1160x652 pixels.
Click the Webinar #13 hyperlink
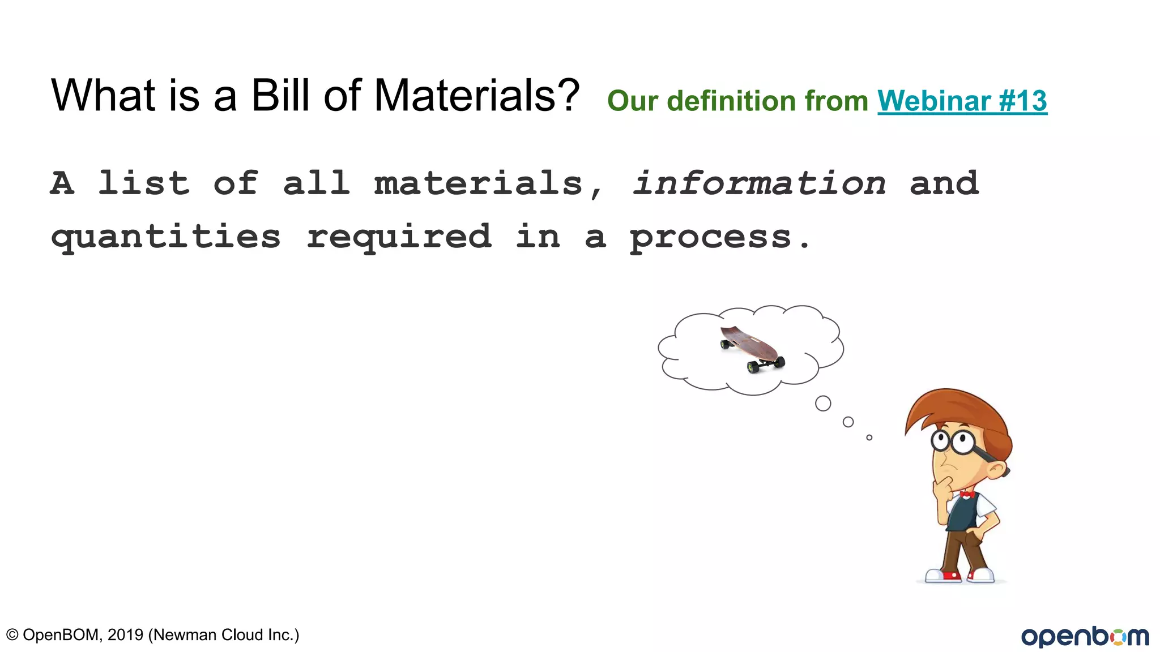pos(962,101)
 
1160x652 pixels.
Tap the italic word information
pos(759,183)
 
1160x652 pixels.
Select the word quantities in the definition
pos(165,237)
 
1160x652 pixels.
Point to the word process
pos(711,237)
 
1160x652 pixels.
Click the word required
pos(399,237)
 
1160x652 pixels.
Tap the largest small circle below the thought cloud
pos(823,404)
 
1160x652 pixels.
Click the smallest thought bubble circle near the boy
pos(869,437)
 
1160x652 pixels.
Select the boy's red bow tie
pos(967,495)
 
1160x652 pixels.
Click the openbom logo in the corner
pos(1085,636)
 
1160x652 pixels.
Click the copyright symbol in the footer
pos(12,635)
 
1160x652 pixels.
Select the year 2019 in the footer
pos(125,635)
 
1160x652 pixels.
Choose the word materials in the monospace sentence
pos(478,183)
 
